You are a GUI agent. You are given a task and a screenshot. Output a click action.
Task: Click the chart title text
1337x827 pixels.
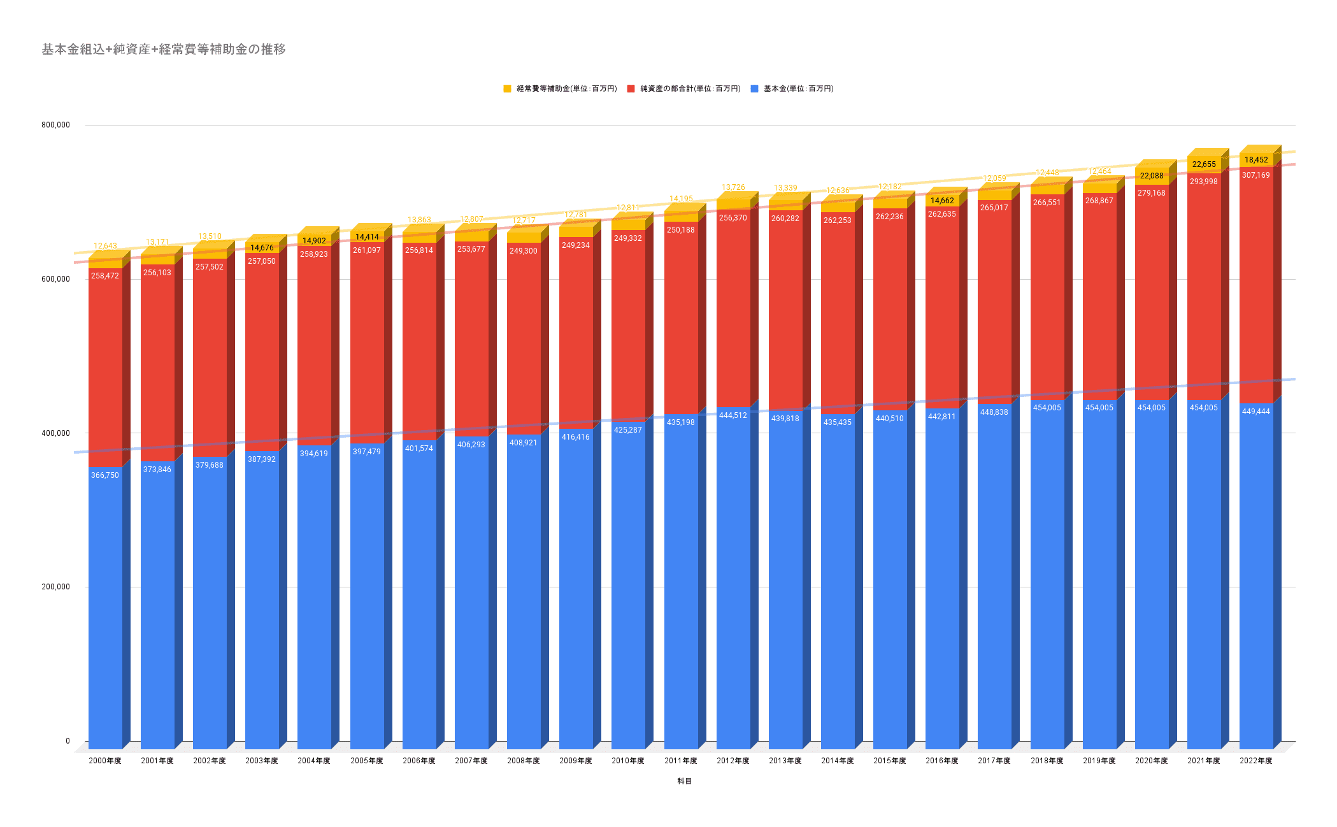coord(164,49)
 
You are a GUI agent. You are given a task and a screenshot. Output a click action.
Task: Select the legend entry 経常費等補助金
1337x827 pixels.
coord(566,89)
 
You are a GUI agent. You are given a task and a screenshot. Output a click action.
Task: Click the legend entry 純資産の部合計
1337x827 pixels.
coord(689,89)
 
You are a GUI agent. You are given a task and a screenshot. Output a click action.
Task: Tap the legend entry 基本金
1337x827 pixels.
coord(797,89)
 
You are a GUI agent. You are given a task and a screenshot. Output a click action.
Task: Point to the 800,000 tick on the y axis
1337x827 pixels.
coord(56,125)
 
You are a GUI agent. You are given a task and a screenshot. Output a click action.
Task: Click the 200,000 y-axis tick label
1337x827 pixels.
coord(56,587)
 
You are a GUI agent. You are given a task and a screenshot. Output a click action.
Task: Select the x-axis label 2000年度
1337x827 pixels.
coord(105,761)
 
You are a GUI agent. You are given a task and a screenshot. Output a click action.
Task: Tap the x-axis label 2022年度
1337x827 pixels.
coord(1255,761)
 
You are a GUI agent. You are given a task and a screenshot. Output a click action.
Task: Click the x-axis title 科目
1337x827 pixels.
coord(684,781)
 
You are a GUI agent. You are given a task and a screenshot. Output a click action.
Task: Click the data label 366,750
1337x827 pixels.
coord(105,475)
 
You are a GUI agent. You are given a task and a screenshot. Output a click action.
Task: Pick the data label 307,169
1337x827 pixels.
coord(1255,175)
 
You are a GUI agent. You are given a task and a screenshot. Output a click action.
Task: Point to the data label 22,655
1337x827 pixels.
coord(1204,164)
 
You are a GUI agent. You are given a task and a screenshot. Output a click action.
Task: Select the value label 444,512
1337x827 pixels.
coord(733,415)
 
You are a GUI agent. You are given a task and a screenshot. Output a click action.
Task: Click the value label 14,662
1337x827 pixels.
coord(942,201)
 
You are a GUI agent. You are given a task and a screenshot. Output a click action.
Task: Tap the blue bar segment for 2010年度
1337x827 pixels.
coord(628,586)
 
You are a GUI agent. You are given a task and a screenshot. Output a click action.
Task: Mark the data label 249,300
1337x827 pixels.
coord(524,251)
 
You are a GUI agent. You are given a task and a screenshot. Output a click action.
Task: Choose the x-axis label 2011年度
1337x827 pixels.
coord(681,761)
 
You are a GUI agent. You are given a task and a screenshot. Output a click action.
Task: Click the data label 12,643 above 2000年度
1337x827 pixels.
coord(105,246)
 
